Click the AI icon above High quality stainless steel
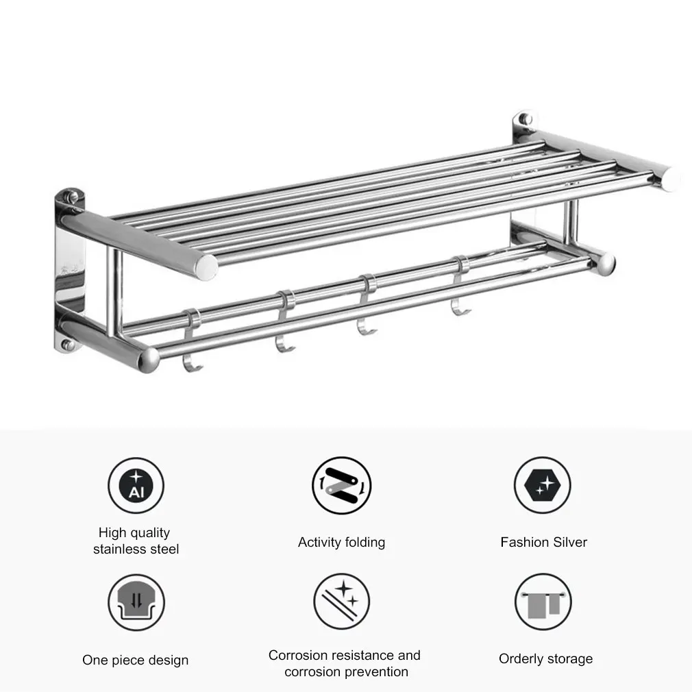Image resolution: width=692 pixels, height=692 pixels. click(136, 486)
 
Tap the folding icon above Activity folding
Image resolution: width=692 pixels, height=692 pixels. click(342, 486)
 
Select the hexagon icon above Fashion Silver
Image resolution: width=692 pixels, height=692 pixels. click(543, 485)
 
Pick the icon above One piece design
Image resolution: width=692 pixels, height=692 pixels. click(136, 602)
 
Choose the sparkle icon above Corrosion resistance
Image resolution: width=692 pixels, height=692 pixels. click(342, 602)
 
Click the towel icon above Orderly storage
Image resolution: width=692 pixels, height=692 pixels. click(543, 602)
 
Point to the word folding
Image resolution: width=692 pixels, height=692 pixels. click(365, 543)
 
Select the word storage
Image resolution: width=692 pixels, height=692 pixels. click(570, 659)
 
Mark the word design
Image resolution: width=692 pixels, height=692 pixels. click(169, 660)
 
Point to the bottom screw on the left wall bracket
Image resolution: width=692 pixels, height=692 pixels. click(67, 345)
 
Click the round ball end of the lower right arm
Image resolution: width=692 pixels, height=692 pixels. click(605, 263)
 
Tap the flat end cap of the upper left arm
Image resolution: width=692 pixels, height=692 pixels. click(206, 267)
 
